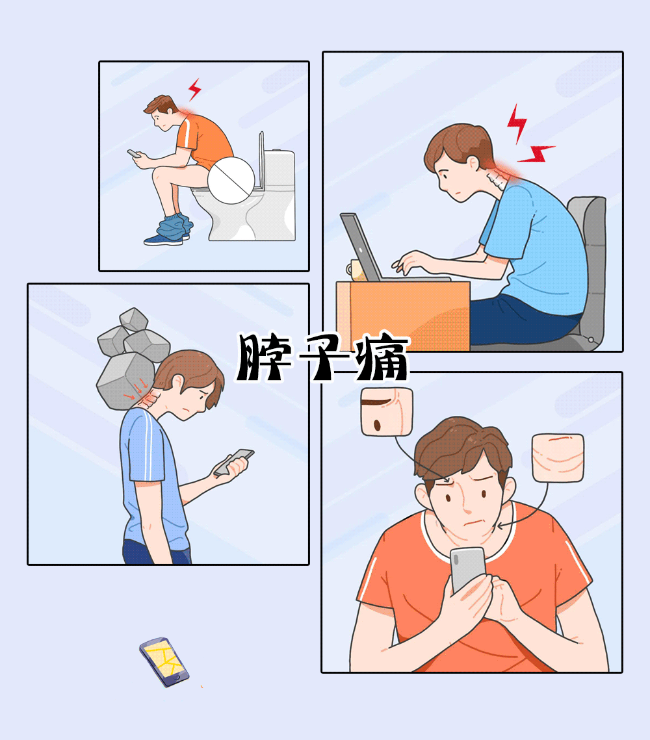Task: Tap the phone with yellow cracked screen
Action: (x=164, y=662)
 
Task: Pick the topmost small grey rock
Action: (x=134, y=319)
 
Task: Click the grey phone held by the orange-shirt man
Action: (x=467, y=568)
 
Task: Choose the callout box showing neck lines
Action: (x=558, y=457)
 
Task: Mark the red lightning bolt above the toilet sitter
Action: (x=194, y=89)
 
